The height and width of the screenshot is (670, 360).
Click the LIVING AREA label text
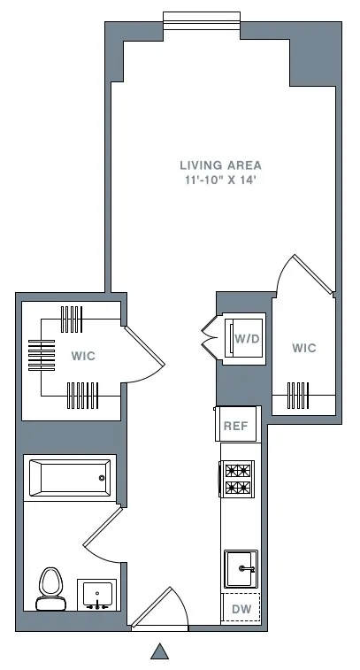pos(220,165)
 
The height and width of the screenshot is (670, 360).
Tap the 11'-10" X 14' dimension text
pos(220,180)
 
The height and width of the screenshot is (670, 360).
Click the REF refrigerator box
pos(235,426)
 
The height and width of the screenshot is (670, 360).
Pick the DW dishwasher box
pos(241,609)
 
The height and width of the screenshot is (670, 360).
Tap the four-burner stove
pos(237,479)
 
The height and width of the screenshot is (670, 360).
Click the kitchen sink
pos(240,568)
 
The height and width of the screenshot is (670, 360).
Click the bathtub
pos(69,478)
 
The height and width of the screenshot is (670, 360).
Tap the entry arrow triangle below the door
pos(159,652)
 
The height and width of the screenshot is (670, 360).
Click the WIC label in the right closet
pos(303,348)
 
